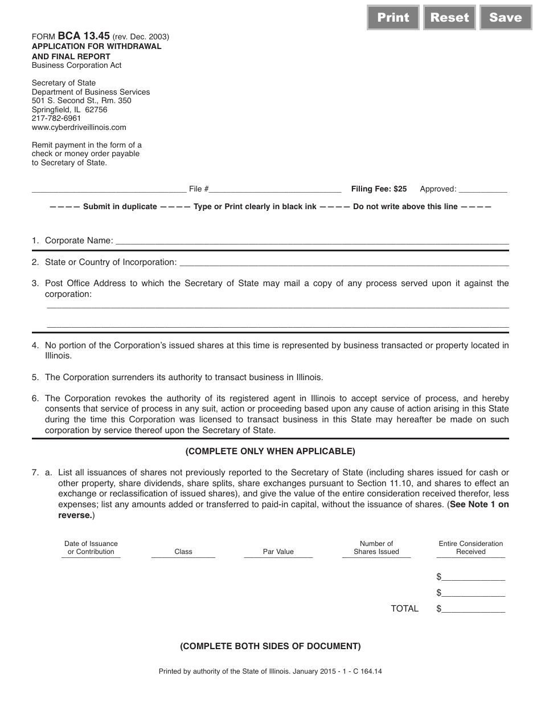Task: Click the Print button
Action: pyautogui.click(x=393, y=18)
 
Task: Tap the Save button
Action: pyautogui.click(x=505, y=18)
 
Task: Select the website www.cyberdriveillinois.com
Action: pyautogui.click(x=79, y=127)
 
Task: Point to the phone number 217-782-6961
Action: pyautogui.click(x=56, y=118)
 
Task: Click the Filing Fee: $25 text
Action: pyautogui.click(x=379, y=189)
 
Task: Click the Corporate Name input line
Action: pyautogui.click(x=312, y=242)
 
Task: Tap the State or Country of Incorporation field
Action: pyautogui.click(x=343, y=263)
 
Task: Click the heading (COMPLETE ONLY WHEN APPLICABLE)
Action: pyautogui.click(x=270, y=451)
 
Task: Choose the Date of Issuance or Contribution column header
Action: pyautogui.click(x=91, y=548)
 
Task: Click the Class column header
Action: pyautogui.click(x=183, y=552)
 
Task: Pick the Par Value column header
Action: pyautogui.click(x=278, y=552)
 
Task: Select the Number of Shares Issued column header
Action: pyautogui.click(x=376, y=548)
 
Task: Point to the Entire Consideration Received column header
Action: pyautogui.click(x=471, y=548)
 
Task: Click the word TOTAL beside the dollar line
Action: pyautogui.click(x=404, y=609)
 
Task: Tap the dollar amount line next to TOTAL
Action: pyautogui.click(x=473, y=609)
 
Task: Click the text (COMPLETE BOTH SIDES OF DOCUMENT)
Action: pyautogui.click(x=270, y=646)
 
